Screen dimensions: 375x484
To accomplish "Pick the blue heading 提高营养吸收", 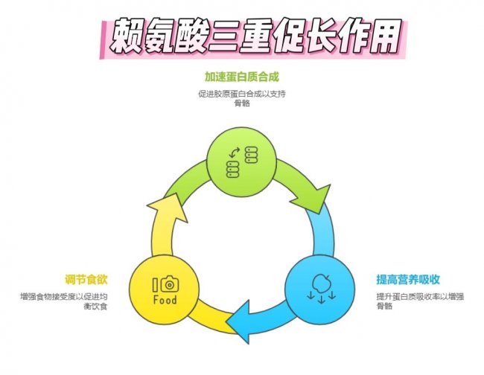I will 407,280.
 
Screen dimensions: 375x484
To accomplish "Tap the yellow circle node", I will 165,289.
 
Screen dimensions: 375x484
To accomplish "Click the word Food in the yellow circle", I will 165,301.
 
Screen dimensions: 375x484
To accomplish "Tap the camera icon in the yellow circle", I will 170,283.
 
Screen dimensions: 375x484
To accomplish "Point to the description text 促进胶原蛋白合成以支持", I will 241,94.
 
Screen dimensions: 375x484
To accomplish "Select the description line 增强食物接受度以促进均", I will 65,296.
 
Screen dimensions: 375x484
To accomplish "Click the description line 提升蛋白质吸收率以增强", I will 418,296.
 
